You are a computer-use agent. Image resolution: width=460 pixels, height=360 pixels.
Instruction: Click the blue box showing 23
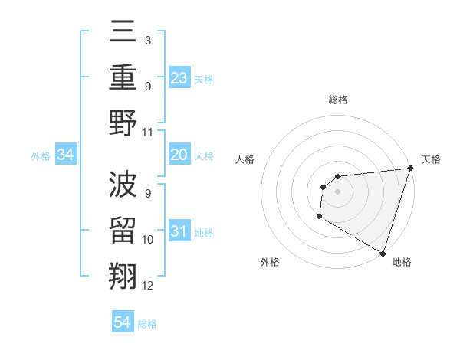179,77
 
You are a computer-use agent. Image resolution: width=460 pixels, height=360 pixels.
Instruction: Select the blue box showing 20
179,155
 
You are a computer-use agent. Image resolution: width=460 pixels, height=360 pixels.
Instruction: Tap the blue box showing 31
179,231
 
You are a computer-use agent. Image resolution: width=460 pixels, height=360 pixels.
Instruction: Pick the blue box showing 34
66,155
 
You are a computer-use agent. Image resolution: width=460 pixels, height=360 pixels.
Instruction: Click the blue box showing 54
123,322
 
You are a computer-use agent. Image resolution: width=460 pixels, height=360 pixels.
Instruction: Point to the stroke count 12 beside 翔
149,286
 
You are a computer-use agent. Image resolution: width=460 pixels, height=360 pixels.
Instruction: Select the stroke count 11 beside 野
149,133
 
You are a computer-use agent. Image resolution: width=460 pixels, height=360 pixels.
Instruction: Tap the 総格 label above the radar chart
338,100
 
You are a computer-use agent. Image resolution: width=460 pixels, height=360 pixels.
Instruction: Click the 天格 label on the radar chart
431,159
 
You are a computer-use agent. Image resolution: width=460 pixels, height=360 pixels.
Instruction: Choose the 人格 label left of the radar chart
245,159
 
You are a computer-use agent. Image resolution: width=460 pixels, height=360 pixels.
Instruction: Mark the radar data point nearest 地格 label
383,253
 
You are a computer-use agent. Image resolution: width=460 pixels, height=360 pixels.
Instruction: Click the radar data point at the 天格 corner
410,169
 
